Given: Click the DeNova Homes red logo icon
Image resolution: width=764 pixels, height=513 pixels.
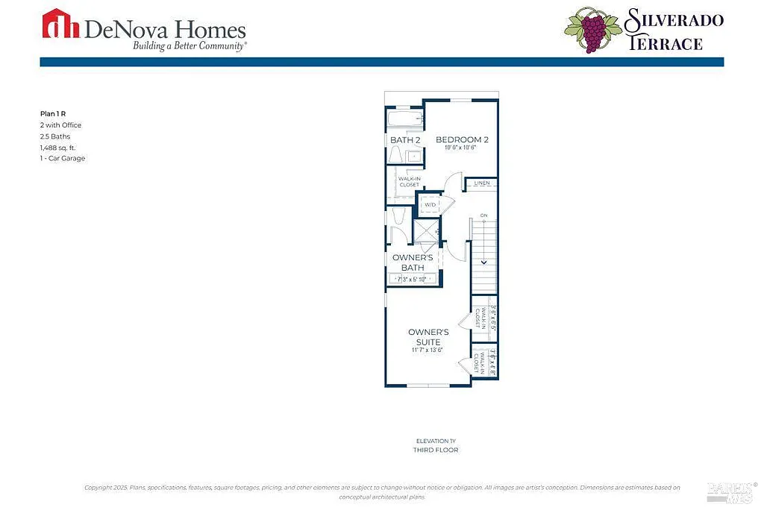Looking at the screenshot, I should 62,23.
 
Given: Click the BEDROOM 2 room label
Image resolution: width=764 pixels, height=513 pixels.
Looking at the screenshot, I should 462,139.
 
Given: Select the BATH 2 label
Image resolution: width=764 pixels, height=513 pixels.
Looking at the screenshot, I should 405,140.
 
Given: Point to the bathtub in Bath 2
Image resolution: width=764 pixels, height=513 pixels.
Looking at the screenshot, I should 404,119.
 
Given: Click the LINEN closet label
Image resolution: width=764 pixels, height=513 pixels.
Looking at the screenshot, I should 482,183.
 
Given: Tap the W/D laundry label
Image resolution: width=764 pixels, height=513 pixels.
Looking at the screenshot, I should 430,205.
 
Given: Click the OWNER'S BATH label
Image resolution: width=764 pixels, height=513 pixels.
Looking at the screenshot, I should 413,262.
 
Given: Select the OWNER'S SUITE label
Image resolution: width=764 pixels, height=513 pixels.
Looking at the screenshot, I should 428,337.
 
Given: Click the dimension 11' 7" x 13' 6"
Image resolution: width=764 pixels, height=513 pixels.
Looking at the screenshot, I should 428,350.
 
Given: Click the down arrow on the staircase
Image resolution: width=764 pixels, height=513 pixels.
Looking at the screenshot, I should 483,261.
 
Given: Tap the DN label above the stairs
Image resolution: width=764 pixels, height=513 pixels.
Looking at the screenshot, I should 483,216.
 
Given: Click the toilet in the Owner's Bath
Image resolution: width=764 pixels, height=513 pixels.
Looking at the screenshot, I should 397,216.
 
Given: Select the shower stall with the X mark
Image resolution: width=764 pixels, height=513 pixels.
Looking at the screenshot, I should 428,230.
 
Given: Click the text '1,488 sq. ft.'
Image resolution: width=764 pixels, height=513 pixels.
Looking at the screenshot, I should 58,148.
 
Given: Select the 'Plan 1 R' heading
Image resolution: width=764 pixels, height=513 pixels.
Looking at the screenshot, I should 53,114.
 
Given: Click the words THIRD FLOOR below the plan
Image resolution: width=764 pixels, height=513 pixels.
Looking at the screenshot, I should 436,450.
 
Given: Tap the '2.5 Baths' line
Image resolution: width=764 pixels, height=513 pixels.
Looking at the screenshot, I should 54,136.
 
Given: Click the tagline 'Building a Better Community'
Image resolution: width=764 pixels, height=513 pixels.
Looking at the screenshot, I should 190,45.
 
